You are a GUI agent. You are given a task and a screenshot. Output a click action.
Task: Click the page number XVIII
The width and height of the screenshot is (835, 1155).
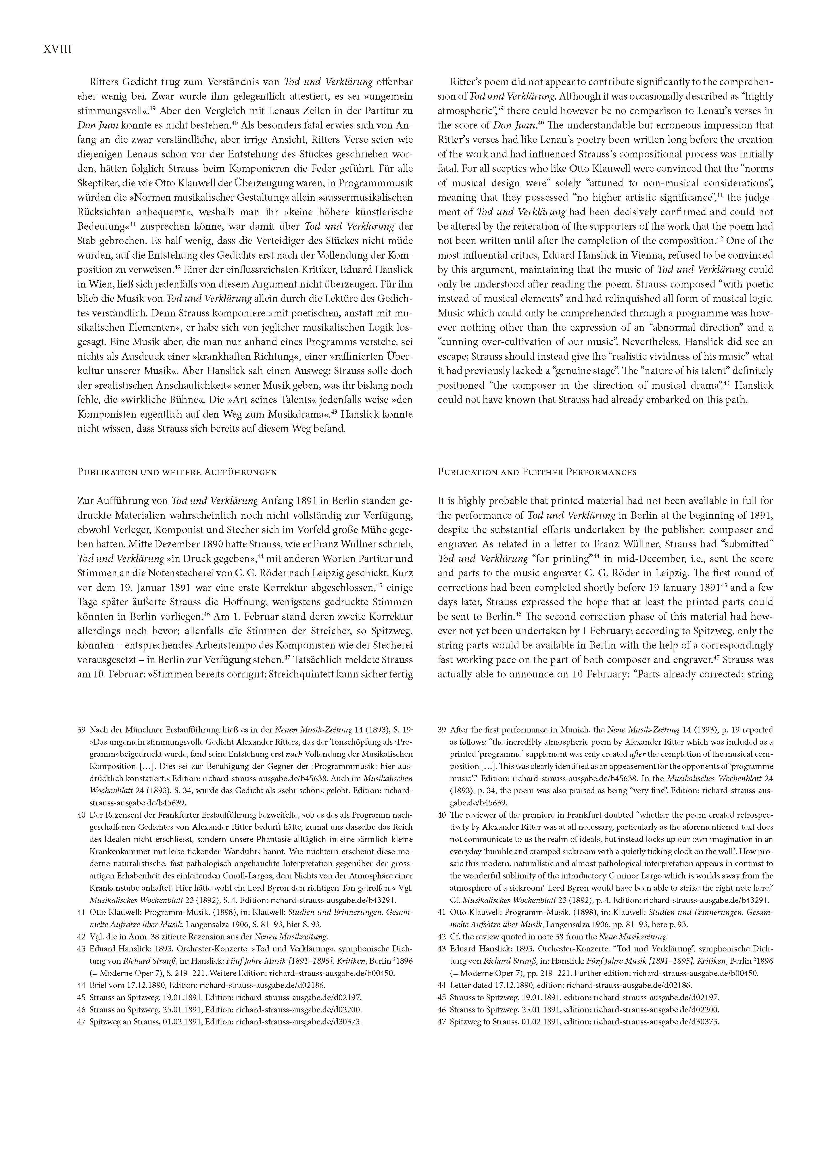pyautogui.click(x=58, y=50)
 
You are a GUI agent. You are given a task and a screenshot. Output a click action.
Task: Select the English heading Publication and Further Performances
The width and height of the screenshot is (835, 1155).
pyautogui.click(x=537, y=472)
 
